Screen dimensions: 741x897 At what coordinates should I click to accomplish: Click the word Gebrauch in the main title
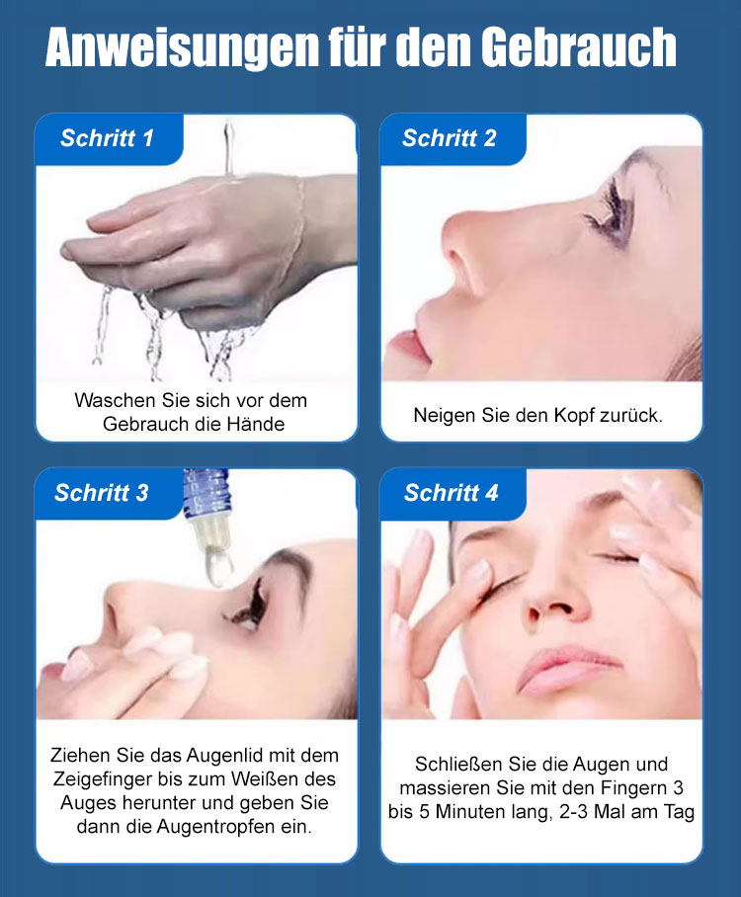(x=579, y=47)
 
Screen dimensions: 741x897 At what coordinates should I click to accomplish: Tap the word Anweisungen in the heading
(x=182, y=48)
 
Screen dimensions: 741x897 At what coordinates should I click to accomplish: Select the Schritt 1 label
(x=107, y=138)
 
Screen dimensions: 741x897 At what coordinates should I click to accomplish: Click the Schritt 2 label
(x=450, y=138)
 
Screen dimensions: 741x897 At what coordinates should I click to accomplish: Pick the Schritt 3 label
(x=102, y=493)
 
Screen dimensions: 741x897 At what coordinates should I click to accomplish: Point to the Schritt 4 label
(x=451, y=493)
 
